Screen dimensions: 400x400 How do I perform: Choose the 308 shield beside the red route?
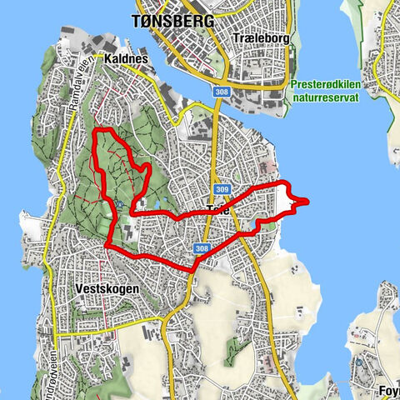(200, 248)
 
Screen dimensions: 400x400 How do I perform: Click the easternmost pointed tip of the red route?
(307, 200)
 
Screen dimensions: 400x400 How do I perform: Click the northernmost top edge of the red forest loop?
(102, 131)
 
